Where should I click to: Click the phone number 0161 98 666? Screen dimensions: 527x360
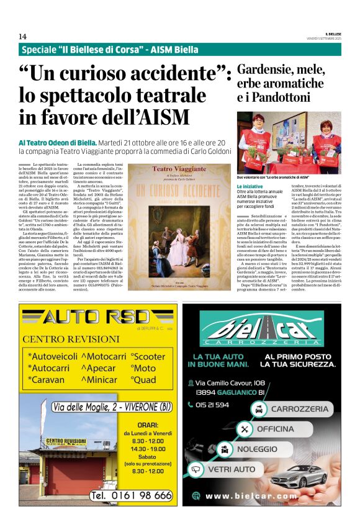131,495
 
